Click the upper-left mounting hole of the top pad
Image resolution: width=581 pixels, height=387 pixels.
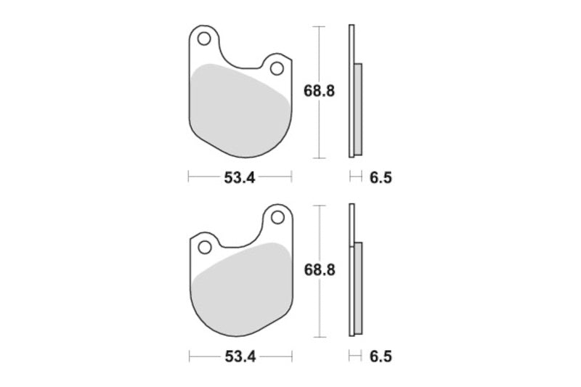tap(204, 38)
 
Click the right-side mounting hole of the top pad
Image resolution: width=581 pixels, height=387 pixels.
tap(277, 68)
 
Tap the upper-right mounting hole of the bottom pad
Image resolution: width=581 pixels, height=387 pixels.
tap(277, 218)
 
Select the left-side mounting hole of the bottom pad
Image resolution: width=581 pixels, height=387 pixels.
tap(205, 248)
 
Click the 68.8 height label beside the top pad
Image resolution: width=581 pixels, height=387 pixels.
tap(319, 91)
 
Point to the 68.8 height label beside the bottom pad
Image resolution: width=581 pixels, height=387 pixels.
tap(320, 270)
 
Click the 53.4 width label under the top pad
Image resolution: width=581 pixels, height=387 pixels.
tap(240, 178)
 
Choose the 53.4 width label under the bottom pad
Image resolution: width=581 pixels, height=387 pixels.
tap(240, 357)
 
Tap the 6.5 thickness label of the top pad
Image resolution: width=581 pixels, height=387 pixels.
tap(381, 178)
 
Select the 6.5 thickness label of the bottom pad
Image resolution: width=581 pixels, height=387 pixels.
tap(381, 357)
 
